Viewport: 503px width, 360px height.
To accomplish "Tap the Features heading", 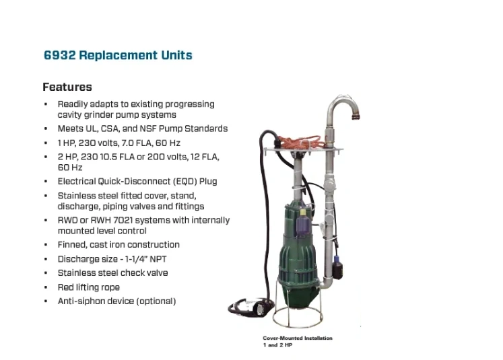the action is pos(67,87).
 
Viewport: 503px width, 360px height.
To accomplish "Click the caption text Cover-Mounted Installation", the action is pos(298,338).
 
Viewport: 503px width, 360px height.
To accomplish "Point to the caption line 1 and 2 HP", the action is pos(278,345).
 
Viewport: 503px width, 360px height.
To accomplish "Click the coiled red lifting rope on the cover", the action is pos(300,141).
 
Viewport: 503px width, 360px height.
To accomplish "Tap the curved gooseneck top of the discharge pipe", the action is pos(343,102).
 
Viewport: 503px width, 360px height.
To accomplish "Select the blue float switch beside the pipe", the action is pos(337,266).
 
